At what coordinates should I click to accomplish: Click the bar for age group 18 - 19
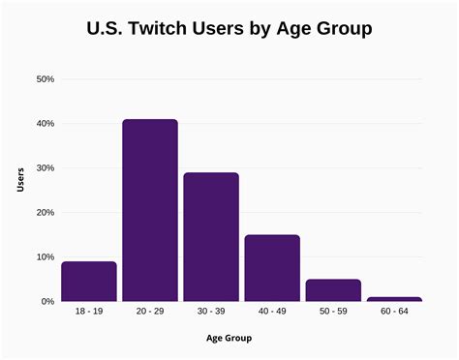(x=89, y=282)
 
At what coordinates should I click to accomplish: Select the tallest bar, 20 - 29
(x=150, y=210)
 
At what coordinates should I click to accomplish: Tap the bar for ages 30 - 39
(x=211, y=237)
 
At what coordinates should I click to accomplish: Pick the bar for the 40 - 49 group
(x=272, y=268)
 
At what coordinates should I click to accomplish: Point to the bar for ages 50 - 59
(x=333, y=290)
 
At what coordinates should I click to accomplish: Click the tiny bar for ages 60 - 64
(x=394, y=299)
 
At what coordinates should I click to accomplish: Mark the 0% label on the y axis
(x=46, y=302)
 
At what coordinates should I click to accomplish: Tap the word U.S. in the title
(x=105, y=29)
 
